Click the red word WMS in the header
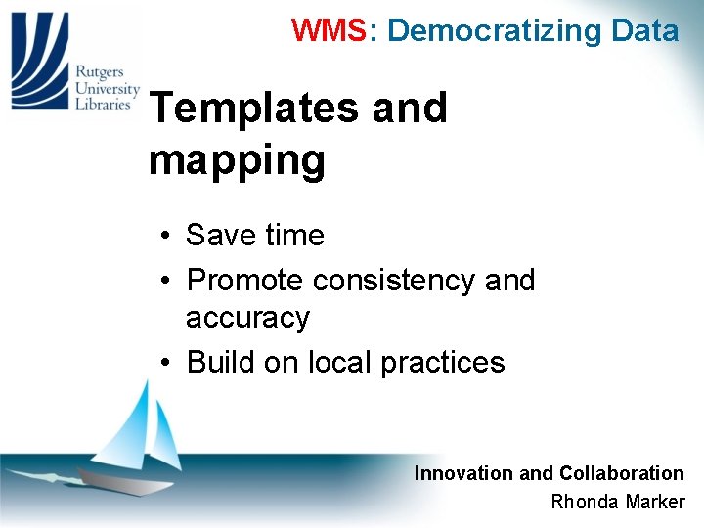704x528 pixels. tap(329, 31)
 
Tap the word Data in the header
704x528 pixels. tap(644, 31)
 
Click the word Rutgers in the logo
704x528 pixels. tap(100, 70)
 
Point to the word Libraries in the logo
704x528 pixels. tap(103, 104)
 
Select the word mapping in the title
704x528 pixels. tap(237, 159)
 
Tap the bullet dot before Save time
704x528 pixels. tap(168, 236)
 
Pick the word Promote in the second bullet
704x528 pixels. tap(244, 281)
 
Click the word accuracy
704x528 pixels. tap(247, 318)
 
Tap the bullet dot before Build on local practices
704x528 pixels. tap(168, 363)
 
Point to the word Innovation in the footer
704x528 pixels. tap(462, 473)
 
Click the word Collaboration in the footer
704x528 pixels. tap(621, 473)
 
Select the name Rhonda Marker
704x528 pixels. tap(618, 503)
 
